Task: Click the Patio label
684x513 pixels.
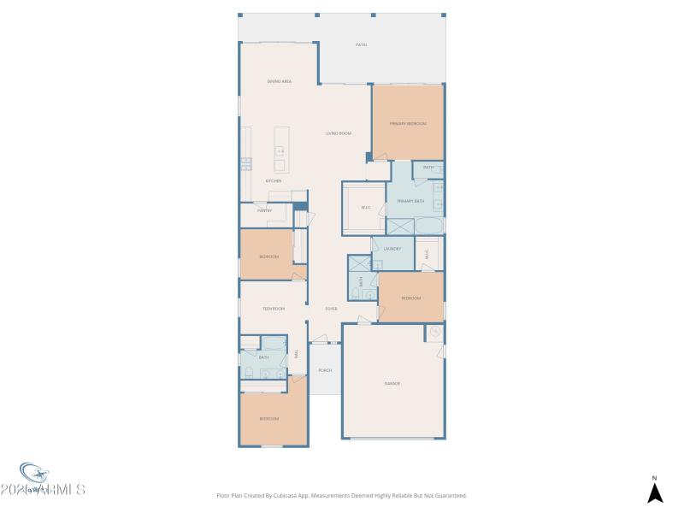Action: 362,45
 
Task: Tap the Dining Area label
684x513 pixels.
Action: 280,81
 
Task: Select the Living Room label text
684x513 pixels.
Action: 339,133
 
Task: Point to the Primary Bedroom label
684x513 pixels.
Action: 408,124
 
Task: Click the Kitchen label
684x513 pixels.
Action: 274,181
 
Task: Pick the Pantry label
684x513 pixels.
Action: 264,209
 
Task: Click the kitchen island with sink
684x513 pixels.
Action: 280,150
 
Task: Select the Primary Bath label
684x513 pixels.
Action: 410,201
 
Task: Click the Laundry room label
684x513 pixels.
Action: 392,249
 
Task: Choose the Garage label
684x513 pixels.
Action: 392,383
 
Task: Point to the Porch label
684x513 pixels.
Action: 325,370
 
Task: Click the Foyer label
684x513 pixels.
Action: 331,309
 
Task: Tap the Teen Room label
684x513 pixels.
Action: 274,309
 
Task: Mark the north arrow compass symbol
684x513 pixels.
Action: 655,492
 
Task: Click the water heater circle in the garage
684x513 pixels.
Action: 434,332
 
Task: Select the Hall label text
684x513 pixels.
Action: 297,353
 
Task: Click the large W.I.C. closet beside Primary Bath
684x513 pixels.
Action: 365,208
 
